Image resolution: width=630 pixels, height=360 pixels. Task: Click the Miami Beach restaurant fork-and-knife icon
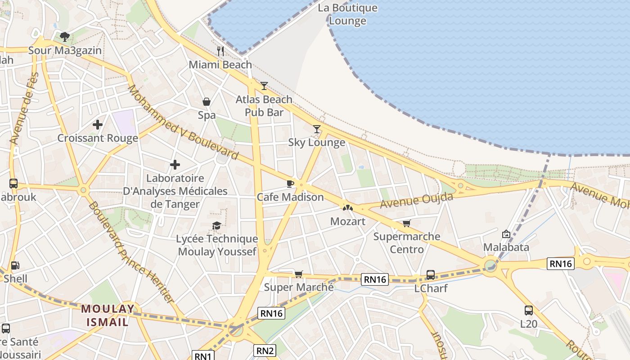click(220, 51)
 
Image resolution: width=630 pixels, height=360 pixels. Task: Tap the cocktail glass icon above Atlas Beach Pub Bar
click(264, 85)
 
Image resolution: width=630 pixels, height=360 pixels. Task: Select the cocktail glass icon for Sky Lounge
click(317, 129)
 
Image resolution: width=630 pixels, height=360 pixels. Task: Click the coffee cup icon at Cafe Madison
click(290, 184)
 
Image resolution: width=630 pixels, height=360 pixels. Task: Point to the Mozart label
click(348, 221)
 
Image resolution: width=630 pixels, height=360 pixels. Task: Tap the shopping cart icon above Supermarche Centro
click(407, 223)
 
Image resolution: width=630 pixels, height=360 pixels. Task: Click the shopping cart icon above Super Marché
click(298, 274)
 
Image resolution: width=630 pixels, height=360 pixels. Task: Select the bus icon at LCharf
click(431, 274)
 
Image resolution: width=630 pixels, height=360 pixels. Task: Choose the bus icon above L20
click(529, 310)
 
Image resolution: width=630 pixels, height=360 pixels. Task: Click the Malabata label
click(506, 247)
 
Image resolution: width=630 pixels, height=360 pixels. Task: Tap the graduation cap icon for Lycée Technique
click(217, 225)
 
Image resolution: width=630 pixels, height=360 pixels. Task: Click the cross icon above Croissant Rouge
click(98, 124)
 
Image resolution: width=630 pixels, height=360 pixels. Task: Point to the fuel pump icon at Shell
click(15, 265)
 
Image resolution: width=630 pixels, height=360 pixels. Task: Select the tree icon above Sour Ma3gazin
click(65, 36)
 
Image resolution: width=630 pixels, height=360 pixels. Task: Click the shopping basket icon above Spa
click(207, 102)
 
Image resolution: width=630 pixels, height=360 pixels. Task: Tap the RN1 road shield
click(203, 356)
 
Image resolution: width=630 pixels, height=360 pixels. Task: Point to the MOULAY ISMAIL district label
click(108, 315)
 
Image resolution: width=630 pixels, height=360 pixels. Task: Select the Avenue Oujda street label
click(417, 200)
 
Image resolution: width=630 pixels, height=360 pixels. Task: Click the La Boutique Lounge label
click(347, 14)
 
